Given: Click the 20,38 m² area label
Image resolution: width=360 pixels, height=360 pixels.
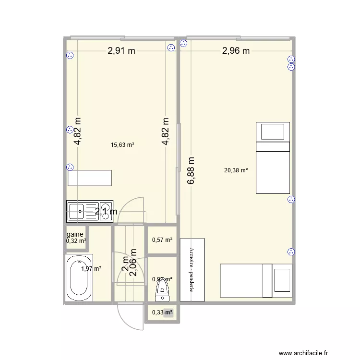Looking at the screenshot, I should coord(236,169).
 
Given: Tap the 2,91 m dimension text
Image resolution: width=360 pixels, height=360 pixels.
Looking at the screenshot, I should coord(121,51).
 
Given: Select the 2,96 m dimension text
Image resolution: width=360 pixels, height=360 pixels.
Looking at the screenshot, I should coord(235,51).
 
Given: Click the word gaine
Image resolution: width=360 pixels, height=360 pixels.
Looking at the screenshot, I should coord(76,235).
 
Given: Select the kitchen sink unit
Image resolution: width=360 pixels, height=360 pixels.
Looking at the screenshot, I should coord(90,212).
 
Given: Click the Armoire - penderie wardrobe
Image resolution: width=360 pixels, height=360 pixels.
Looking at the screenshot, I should coord(192,270).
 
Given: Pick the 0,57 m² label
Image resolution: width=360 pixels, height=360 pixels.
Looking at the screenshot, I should coord(162,240).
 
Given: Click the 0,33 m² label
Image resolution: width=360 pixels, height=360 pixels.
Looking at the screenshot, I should coord(162,312).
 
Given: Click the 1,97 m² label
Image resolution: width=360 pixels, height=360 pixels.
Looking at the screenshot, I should coord(91,269).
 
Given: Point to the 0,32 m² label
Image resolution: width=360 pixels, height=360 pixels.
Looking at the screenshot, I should coord(76,241).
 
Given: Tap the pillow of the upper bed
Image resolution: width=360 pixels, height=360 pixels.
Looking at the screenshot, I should coord(273,131).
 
